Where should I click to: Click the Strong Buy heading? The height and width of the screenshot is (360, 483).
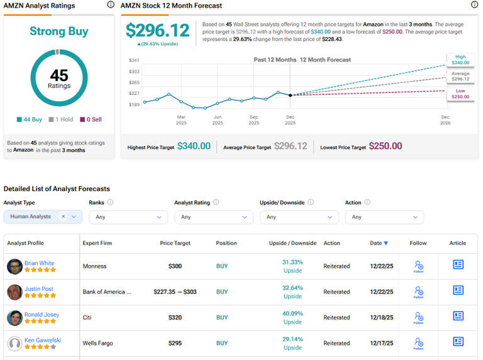(x=59, y=31)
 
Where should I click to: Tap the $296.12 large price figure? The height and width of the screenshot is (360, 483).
(x=157, y=31)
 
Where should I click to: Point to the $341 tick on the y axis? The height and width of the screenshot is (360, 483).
(x=134, y=60)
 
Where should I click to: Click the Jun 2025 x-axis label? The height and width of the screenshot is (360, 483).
(x=218, y=120)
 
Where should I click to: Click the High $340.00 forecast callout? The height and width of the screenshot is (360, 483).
(x=460, y=60)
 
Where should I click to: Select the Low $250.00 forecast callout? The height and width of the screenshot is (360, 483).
(x=460, y=94)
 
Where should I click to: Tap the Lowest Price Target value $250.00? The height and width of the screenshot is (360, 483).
(x=386, y=146)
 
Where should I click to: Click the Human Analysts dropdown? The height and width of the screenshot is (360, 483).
(x=43, y=217)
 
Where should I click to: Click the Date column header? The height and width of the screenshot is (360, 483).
(x=379, y=243)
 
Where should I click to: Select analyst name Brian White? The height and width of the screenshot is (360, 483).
(x=39, y=263)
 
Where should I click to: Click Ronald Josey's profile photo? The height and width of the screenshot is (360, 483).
(x=14, y=318)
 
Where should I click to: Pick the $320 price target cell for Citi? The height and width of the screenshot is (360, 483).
(x=175, y=318)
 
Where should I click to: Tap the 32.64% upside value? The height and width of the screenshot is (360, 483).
(x=292, y=288)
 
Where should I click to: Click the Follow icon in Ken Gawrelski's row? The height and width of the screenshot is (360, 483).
(x=418, y=343)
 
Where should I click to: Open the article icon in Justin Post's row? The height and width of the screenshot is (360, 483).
(x=458, y=291)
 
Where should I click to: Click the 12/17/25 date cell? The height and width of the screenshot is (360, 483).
(x=382, y=344)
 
